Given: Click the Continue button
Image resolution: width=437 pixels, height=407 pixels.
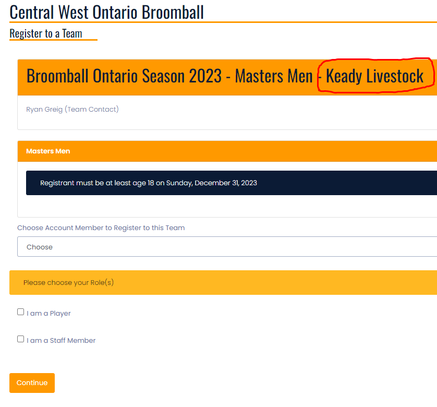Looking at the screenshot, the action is [x=32, y=382].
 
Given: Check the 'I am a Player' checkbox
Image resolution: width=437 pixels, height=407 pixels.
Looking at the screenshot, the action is [x=21, y=312].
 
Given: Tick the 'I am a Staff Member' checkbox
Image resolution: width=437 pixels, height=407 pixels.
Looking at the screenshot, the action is [x=21, y=339].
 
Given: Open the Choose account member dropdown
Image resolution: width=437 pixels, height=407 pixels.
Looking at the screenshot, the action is [x=227, y=247].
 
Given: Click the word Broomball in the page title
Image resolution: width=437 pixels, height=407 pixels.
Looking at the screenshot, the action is [x=173, y=13].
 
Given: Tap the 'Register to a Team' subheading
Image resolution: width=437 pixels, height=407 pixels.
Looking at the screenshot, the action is [x=46, y=33].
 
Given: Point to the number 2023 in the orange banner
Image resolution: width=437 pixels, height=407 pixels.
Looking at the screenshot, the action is [x=205, y=76].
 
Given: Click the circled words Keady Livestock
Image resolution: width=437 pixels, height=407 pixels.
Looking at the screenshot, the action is [x=374, y=76].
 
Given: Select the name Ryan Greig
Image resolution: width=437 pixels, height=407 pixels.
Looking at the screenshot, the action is [x=44, y=109].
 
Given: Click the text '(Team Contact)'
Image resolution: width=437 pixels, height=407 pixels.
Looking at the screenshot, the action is [x=92, y=109].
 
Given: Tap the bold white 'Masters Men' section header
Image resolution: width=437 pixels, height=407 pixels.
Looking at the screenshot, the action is [x=48, y=151].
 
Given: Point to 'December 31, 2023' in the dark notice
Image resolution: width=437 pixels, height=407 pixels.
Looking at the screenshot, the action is [x=226, y=183].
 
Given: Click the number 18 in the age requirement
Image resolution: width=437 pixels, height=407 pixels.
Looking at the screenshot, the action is [x=151, y=183].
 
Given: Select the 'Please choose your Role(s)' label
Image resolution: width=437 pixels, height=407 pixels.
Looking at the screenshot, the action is [x=68, y=283].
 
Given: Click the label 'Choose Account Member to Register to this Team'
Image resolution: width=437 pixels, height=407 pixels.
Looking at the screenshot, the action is [x=101, y=228].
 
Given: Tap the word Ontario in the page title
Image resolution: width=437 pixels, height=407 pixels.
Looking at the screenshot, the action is [x=115, y=13].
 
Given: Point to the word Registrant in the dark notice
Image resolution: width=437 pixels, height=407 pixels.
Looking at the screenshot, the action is [x=57, y=183].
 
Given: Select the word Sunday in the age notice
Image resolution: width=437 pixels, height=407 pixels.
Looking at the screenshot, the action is [x=179, y=183].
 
